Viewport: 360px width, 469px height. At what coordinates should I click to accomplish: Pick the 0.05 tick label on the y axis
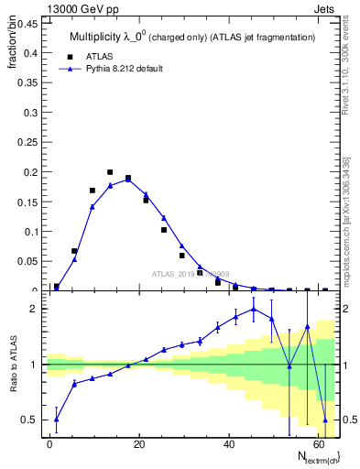point(27,262)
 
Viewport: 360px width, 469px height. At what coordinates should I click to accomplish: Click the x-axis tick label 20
point(139,443)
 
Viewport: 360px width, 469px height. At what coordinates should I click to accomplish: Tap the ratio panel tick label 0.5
point(30,420)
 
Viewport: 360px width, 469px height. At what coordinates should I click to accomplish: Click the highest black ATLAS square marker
point(110,172)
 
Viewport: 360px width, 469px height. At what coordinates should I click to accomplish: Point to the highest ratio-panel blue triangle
point(254,309)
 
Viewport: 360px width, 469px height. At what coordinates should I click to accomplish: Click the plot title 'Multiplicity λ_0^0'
point(109,37)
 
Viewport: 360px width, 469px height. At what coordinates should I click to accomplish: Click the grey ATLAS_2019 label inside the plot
point(191,273)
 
